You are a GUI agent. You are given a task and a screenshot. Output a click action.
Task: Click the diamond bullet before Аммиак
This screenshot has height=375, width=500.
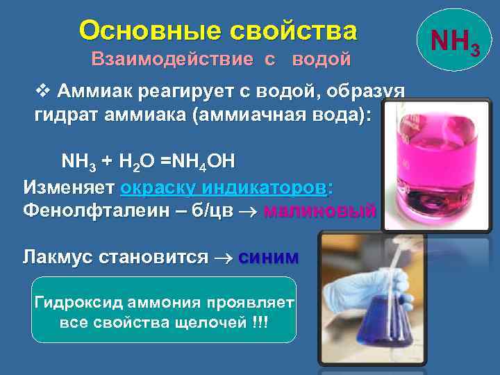click(x=43, y=92)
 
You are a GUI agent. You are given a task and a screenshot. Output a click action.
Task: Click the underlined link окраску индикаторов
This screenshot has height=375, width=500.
click(x=226, y=187)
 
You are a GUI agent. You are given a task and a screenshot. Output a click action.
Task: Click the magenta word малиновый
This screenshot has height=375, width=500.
click(x=320, y=210)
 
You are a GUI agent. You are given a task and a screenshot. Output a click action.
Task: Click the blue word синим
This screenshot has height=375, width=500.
click(x=269, y=257)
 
